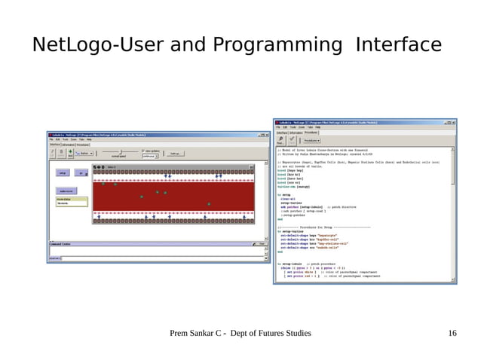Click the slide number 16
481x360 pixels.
(452, 333)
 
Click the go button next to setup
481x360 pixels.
(81, 172)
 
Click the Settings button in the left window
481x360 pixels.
(175, 153)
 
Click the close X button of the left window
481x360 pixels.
(266, 134)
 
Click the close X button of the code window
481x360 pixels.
(453, 122)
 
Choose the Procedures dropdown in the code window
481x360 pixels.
(311, 140)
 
